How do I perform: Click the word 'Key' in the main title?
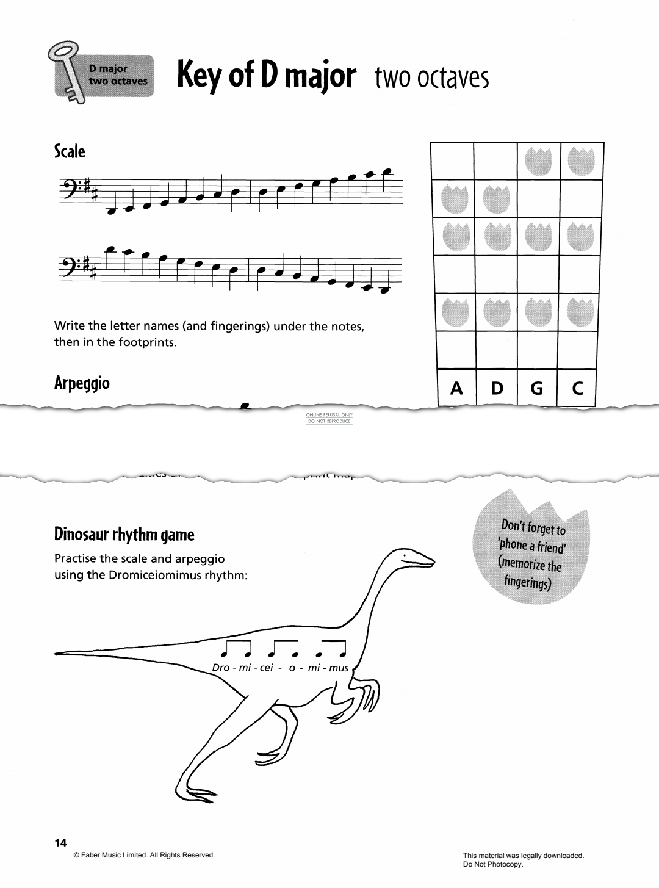click(199, 77)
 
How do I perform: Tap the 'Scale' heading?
click(70, 151)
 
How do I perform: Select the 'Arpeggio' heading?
click(82, 383)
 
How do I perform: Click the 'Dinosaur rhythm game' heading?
click(124, 535)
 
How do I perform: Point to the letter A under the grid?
click(456, 388)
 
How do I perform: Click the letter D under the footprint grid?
click(497, 388)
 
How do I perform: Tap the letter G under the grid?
click(537, 388)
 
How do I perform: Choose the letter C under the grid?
click(577, 388)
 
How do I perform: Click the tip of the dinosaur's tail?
click(58, 654)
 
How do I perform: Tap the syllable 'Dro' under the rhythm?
click(220, 668)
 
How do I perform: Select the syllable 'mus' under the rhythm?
click(339, 668)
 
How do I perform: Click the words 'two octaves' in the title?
click(431, 78)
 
